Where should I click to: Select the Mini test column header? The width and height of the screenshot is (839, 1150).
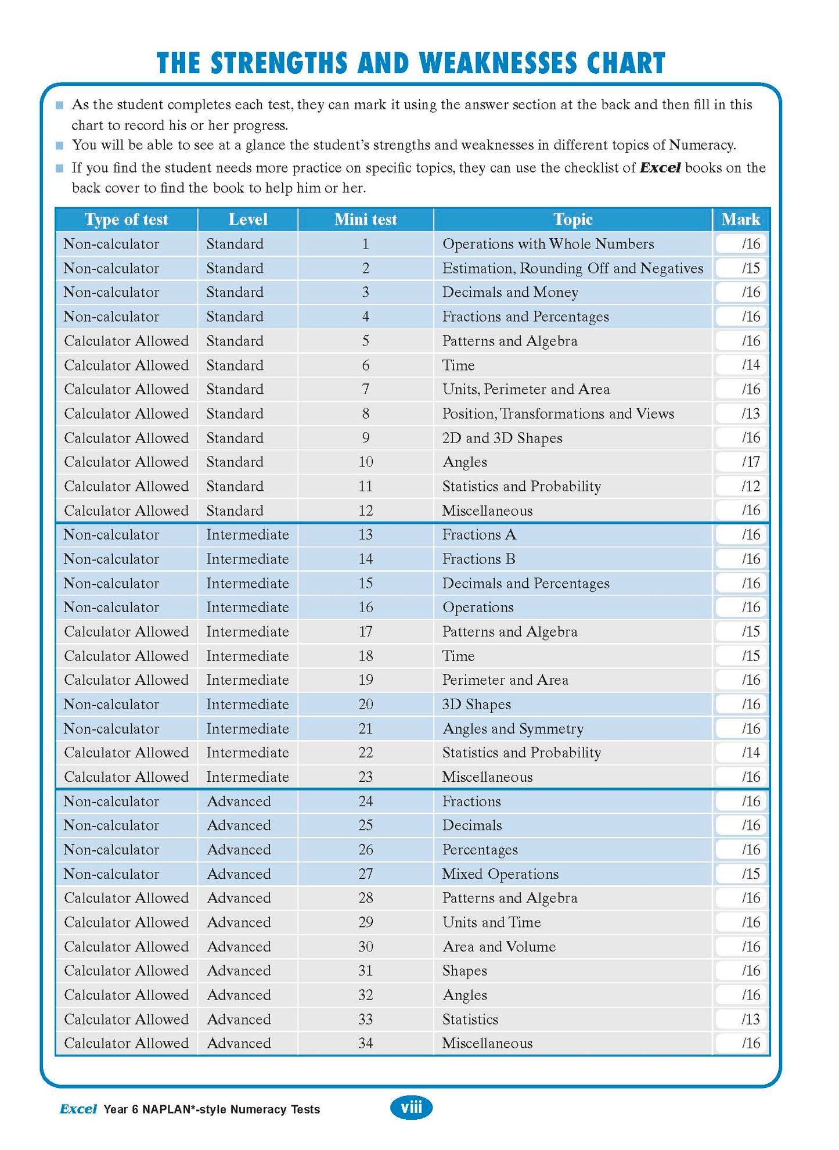coord(365,220)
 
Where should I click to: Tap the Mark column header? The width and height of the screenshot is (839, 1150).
coord(740,220)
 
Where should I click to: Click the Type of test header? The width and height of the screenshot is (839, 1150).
coord(126,220)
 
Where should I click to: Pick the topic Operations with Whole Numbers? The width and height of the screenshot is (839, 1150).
coord(548,244)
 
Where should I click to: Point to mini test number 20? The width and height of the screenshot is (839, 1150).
coord(365,705)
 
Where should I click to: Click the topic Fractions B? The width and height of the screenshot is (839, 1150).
coord(478,559)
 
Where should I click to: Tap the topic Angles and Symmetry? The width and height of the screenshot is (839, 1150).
coord(512,729)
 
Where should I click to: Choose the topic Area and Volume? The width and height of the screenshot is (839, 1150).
coord(499,947)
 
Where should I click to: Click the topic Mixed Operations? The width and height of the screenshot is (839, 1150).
coord(500,874)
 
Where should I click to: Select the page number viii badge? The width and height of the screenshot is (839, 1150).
coord(411,1108)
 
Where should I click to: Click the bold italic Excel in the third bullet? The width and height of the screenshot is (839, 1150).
coord(660,168)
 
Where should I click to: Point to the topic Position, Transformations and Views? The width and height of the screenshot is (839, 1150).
coord(558,414)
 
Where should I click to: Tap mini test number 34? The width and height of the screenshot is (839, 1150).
coord(365,1044)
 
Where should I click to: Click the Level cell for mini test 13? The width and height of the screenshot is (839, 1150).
coord(247,535)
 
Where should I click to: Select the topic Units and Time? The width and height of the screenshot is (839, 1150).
coord(491,922)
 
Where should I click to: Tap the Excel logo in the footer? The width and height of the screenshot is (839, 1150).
coord(78,1109)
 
